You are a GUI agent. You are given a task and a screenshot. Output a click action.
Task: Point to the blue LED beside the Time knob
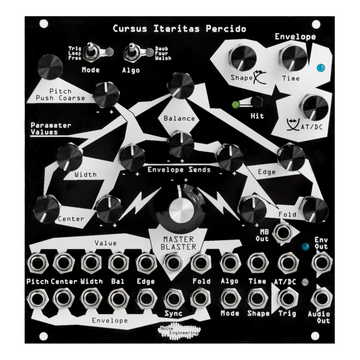319,69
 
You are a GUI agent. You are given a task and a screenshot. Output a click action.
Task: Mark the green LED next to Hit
233,103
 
